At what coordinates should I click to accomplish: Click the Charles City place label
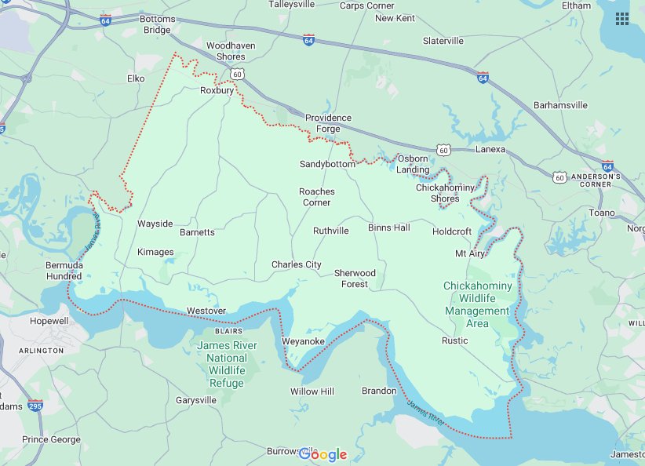coord(296,265)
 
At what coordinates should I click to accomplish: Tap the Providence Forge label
coord(328,123)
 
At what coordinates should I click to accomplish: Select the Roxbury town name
coord(217,91)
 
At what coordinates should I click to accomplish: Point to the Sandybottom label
coord(327,165)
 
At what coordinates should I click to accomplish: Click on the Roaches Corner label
coord(317,197)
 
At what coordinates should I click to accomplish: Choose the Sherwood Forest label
coord(355,279)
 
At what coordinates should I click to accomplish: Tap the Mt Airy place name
coord(469,254)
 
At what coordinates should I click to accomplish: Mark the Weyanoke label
coord(303,342)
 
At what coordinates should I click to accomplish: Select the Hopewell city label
coord(29,322)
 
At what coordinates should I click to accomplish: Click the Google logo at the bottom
coord(322,455)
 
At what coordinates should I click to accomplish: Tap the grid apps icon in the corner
coord(622,18)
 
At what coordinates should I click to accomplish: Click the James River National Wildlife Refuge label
coord(227,364)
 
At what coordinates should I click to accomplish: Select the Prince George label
coord(51,440)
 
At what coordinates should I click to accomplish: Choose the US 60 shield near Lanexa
coord(443,149)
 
